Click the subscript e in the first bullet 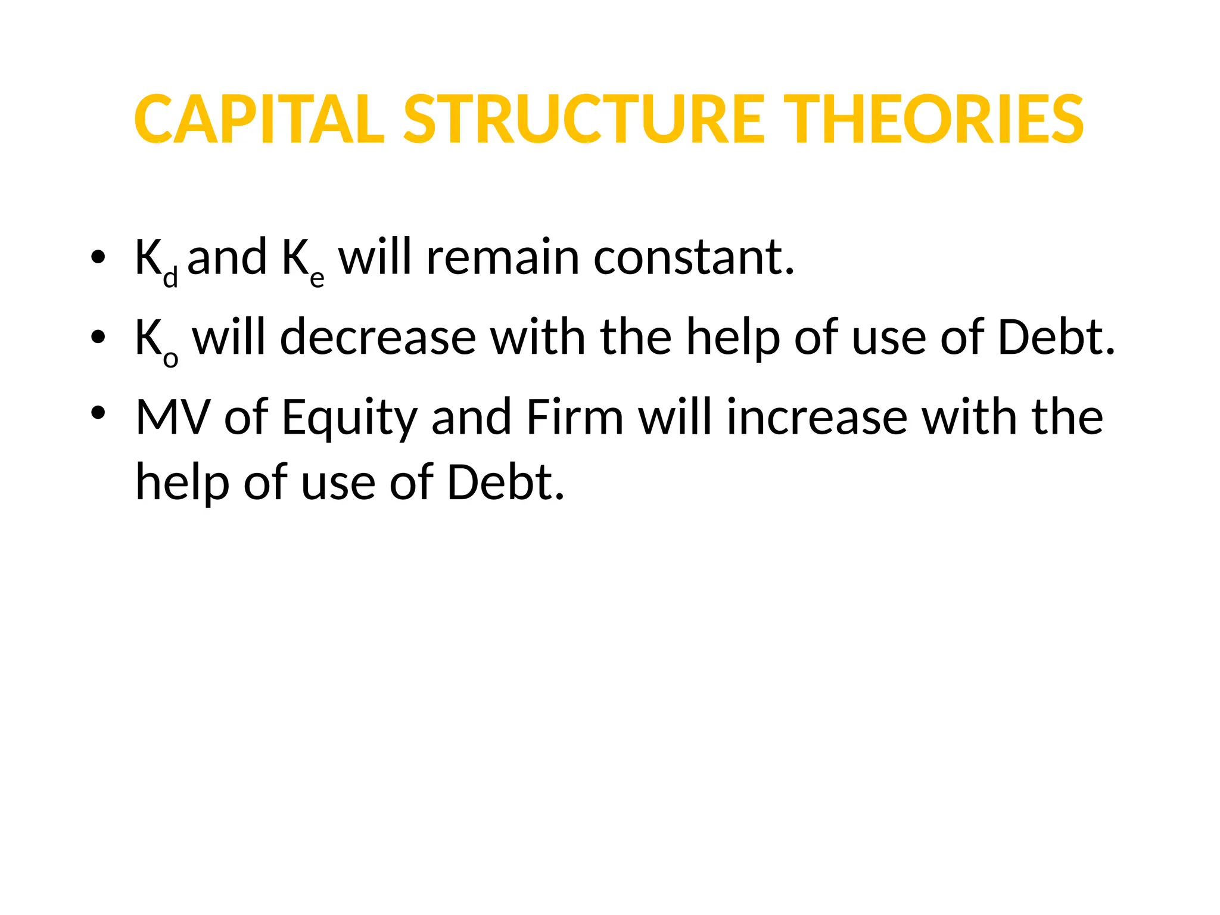coord(317,278)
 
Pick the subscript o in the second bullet coord(170,359)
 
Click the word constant coord(694,257)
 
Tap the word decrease coord(378,338)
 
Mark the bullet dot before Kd coord(98,257)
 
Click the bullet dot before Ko coord(98,338)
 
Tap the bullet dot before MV coord(98,412)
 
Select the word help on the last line coord(182,483)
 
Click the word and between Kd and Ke coord(227,257)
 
